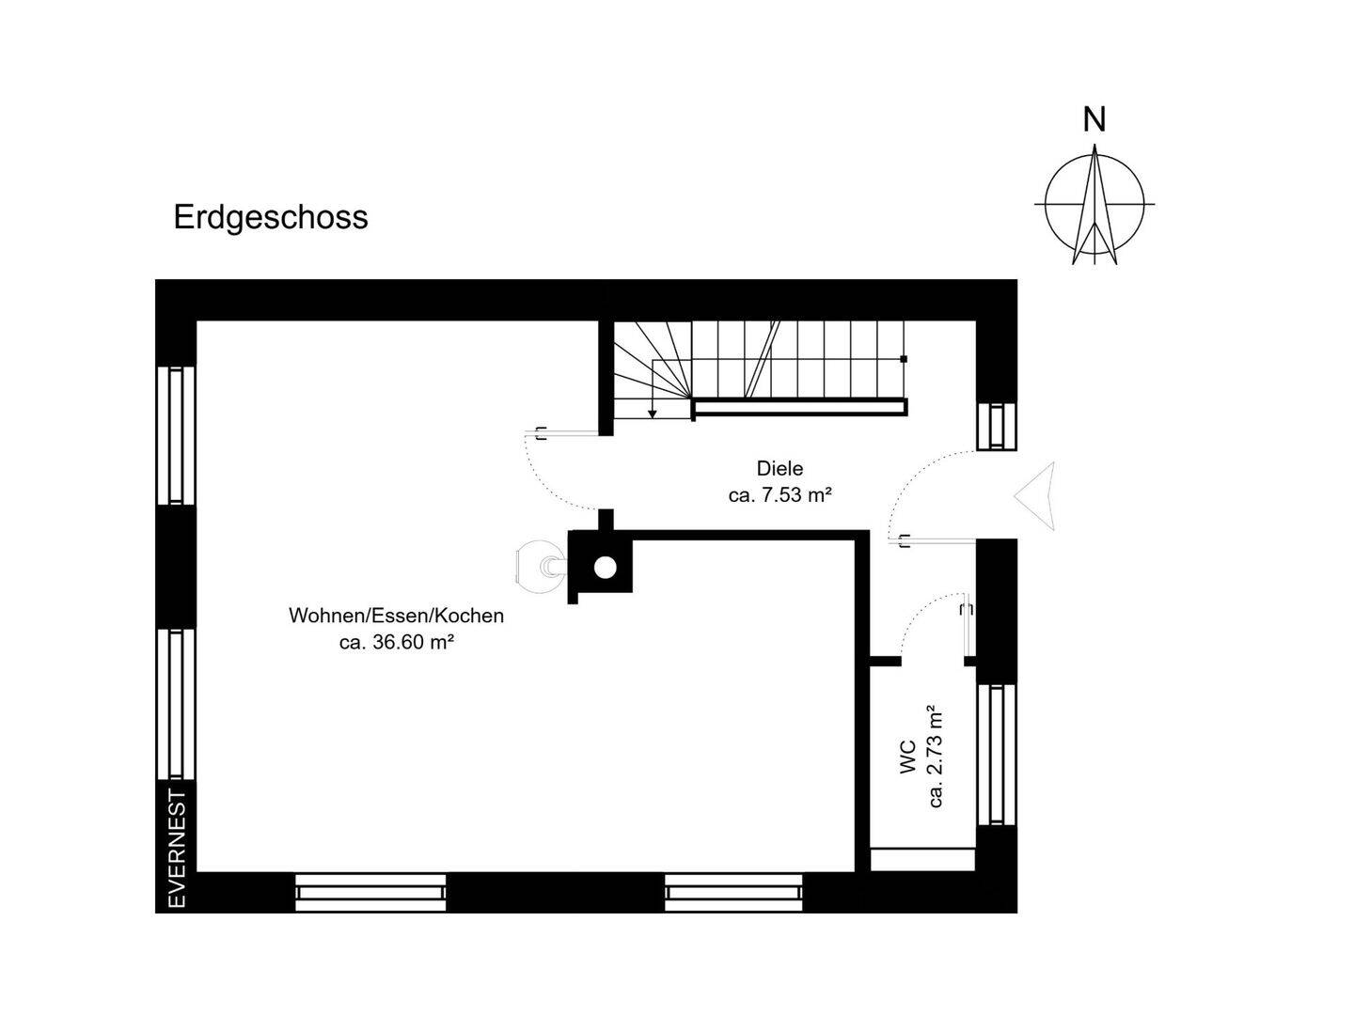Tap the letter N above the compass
[1094, 120]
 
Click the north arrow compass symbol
[1094, 204]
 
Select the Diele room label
[779, 468]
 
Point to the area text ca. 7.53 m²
[780, 495]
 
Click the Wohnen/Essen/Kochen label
[396, 616]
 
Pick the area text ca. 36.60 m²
[397, 642]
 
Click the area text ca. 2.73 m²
[936, 757]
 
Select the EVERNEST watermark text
[177, 851]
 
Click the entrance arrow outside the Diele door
[1034, 496]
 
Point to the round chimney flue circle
[605, 567]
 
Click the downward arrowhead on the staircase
[652, 414]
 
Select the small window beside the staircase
[996, 426]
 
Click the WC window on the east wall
[996, 755]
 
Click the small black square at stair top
[904, 359]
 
